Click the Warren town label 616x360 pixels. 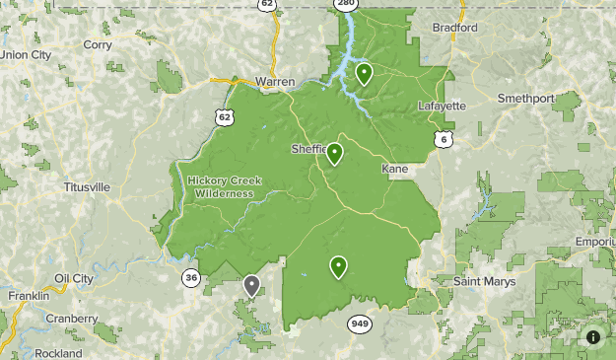pyautogui.click(x=274, y=81)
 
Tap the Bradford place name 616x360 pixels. pyautogui.click(x=454, y=28)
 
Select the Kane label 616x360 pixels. pyautogui.click(x=394, y=170)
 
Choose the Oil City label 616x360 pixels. pyautogui.click(x=74, y=278)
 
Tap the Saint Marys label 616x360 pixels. pyautogui.click(x=486, y=282)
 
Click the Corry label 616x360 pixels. pyautogui.click(x=98, y=44)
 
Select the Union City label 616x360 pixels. pyautogui.click(x=26, y=55)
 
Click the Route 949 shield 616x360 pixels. pyautogui.click(x=358, y=323)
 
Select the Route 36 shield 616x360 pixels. pyautogui.click(x=191, y=278)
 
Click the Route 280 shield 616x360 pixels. pyautogui.click(x=344, y=4)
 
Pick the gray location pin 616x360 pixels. pyautogui.click(x=251, y=286)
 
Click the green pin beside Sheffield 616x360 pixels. pyautogui.click(x=334, y=153)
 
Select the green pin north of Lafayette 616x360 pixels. pyautogui.click(x=364, y=73)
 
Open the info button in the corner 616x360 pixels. pyautogui.click(x=593, y=336)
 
